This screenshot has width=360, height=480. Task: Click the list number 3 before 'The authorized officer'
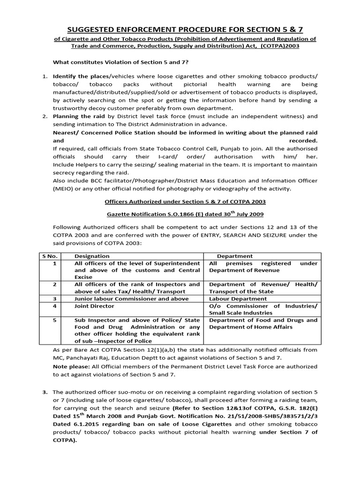click(x=45, y=392)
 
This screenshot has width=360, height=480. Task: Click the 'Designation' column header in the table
click(x=92, y=256)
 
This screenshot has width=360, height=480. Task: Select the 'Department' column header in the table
click(x=234, y=256)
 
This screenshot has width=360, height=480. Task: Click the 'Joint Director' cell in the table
click(x=94, y=306)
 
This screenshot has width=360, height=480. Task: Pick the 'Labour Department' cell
click(x=238, y=299)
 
